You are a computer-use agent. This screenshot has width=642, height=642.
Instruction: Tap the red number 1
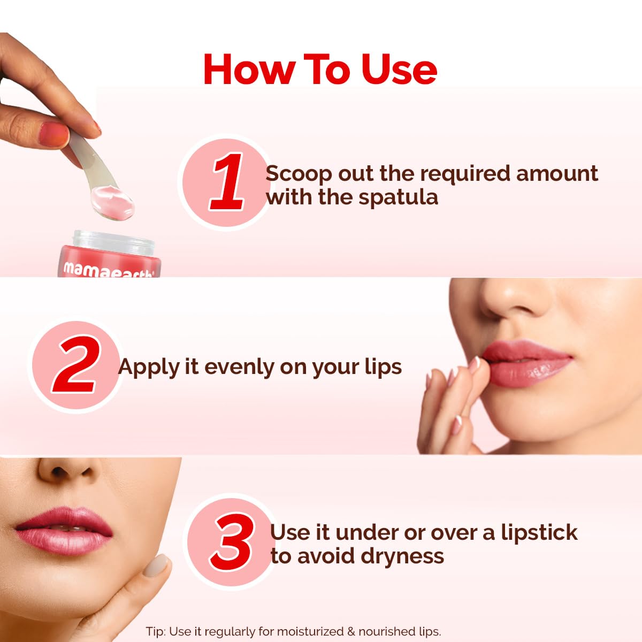228,181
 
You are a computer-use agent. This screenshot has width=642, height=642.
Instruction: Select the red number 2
77,366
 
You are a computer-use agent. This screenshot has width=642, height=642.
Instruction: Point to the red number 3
232,542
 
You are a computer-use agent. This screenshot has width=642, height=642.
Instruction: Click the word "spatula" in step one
398,197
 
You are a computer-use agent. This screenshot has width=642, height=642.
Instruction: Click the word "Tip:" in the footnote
156,631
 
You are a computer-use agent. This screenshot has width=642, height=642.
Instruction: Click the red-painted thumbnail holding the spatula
55,134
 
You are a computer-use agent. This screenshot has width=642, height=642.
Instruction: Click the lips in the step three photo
64,530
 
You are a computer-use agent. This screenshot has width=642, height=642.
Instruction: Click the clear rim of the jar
112,238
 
